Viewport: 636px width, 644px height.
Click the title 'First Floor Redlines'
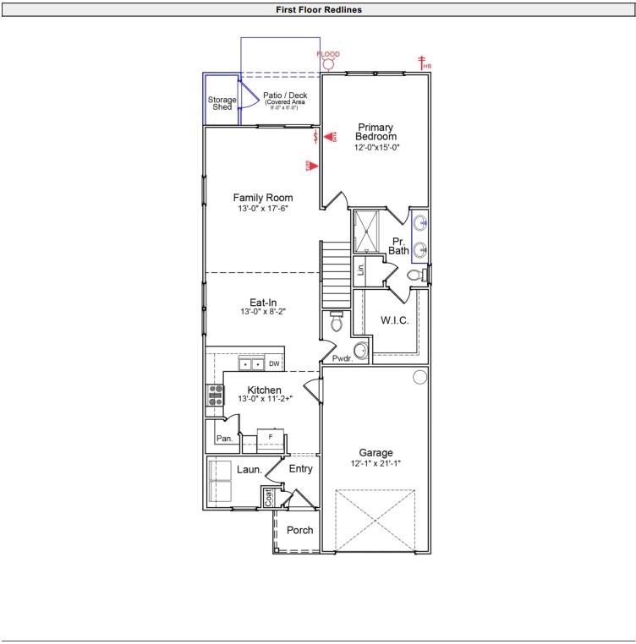[319, 10]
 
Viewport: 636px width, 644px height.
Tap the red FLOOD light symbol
[329, 64]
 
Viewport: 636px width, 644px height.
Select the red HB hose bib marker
[422, 62]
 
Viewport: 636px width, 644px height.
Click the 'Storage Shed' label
[222, 103]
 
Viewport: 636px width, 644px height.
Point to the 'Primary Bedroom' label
[376, 132]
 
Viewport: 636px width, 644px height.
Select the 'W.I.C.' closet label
[395, 320]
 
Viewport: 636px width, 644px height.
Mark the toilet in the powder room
[336, 321]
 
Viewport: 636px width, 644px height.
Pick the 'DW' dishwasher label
[274, 364]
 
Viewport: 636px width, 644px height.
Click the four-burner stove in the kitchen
[215, 396]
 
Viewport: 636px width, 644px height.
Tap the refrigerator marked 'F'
[271, 437]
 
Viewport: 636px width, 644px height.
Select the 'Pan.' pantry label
[224, 439]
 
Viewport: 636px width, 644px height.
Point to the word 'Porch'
[299, 531]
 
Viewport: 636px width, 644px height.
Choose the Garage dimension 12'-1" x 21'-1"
[376, 463]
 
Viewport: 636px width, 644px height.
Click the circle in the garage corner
[419, 378]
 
